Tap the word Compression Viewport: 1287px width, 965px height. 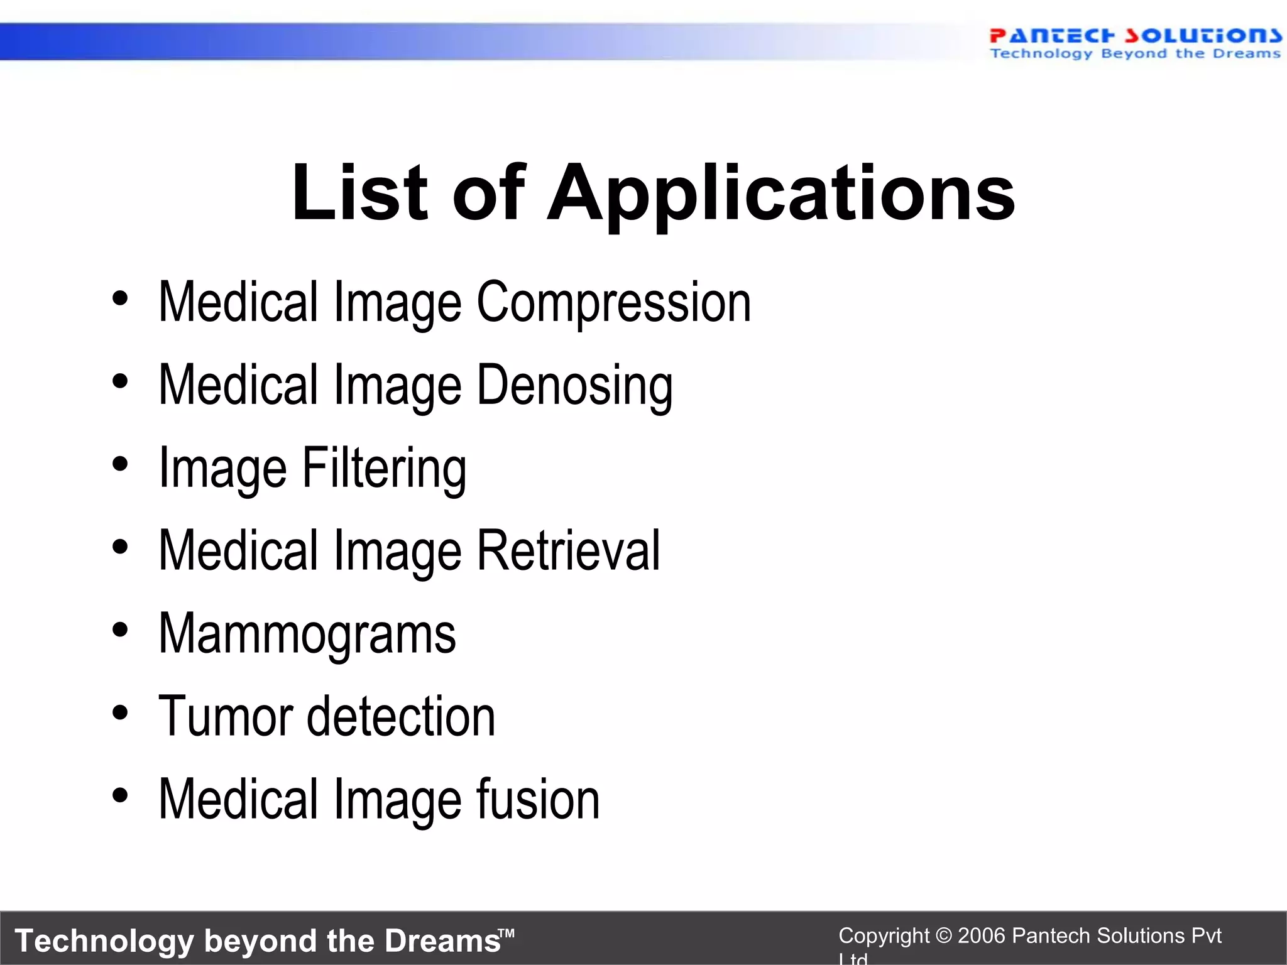(613, 303)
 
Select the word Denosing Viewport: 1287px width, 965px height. (574, 386)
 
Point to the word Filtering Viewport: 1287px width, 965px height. (385, 469)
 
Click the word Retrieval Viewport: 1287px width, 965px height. (568, 551)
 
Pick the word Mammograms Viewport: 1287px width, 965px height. (307, 635)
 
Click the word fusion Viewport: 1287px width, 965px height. (538, 799)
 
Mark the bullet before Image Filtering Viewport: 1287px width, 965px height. (120, 464)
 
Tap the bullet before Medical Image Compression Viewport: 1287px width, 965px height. (120, 298)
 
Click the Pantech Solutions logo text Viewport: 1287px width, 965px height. (1135, 36)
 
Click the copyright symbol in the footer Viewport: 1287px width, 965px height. (943, 936)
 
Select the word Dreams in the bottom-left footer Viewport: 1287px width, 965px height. (442, 941)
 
